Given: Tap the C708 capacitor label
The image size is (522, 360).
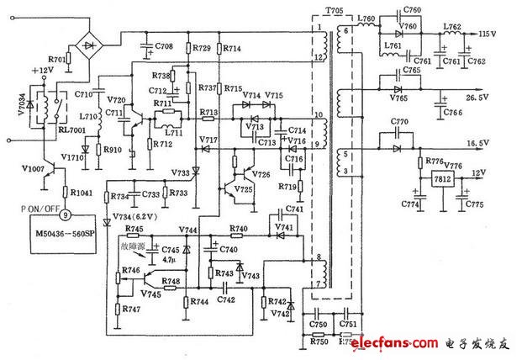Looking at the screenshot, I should (x=164, y=45).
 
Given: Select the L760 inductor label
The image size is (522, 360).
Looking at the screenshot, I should (x=366, y=18).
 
